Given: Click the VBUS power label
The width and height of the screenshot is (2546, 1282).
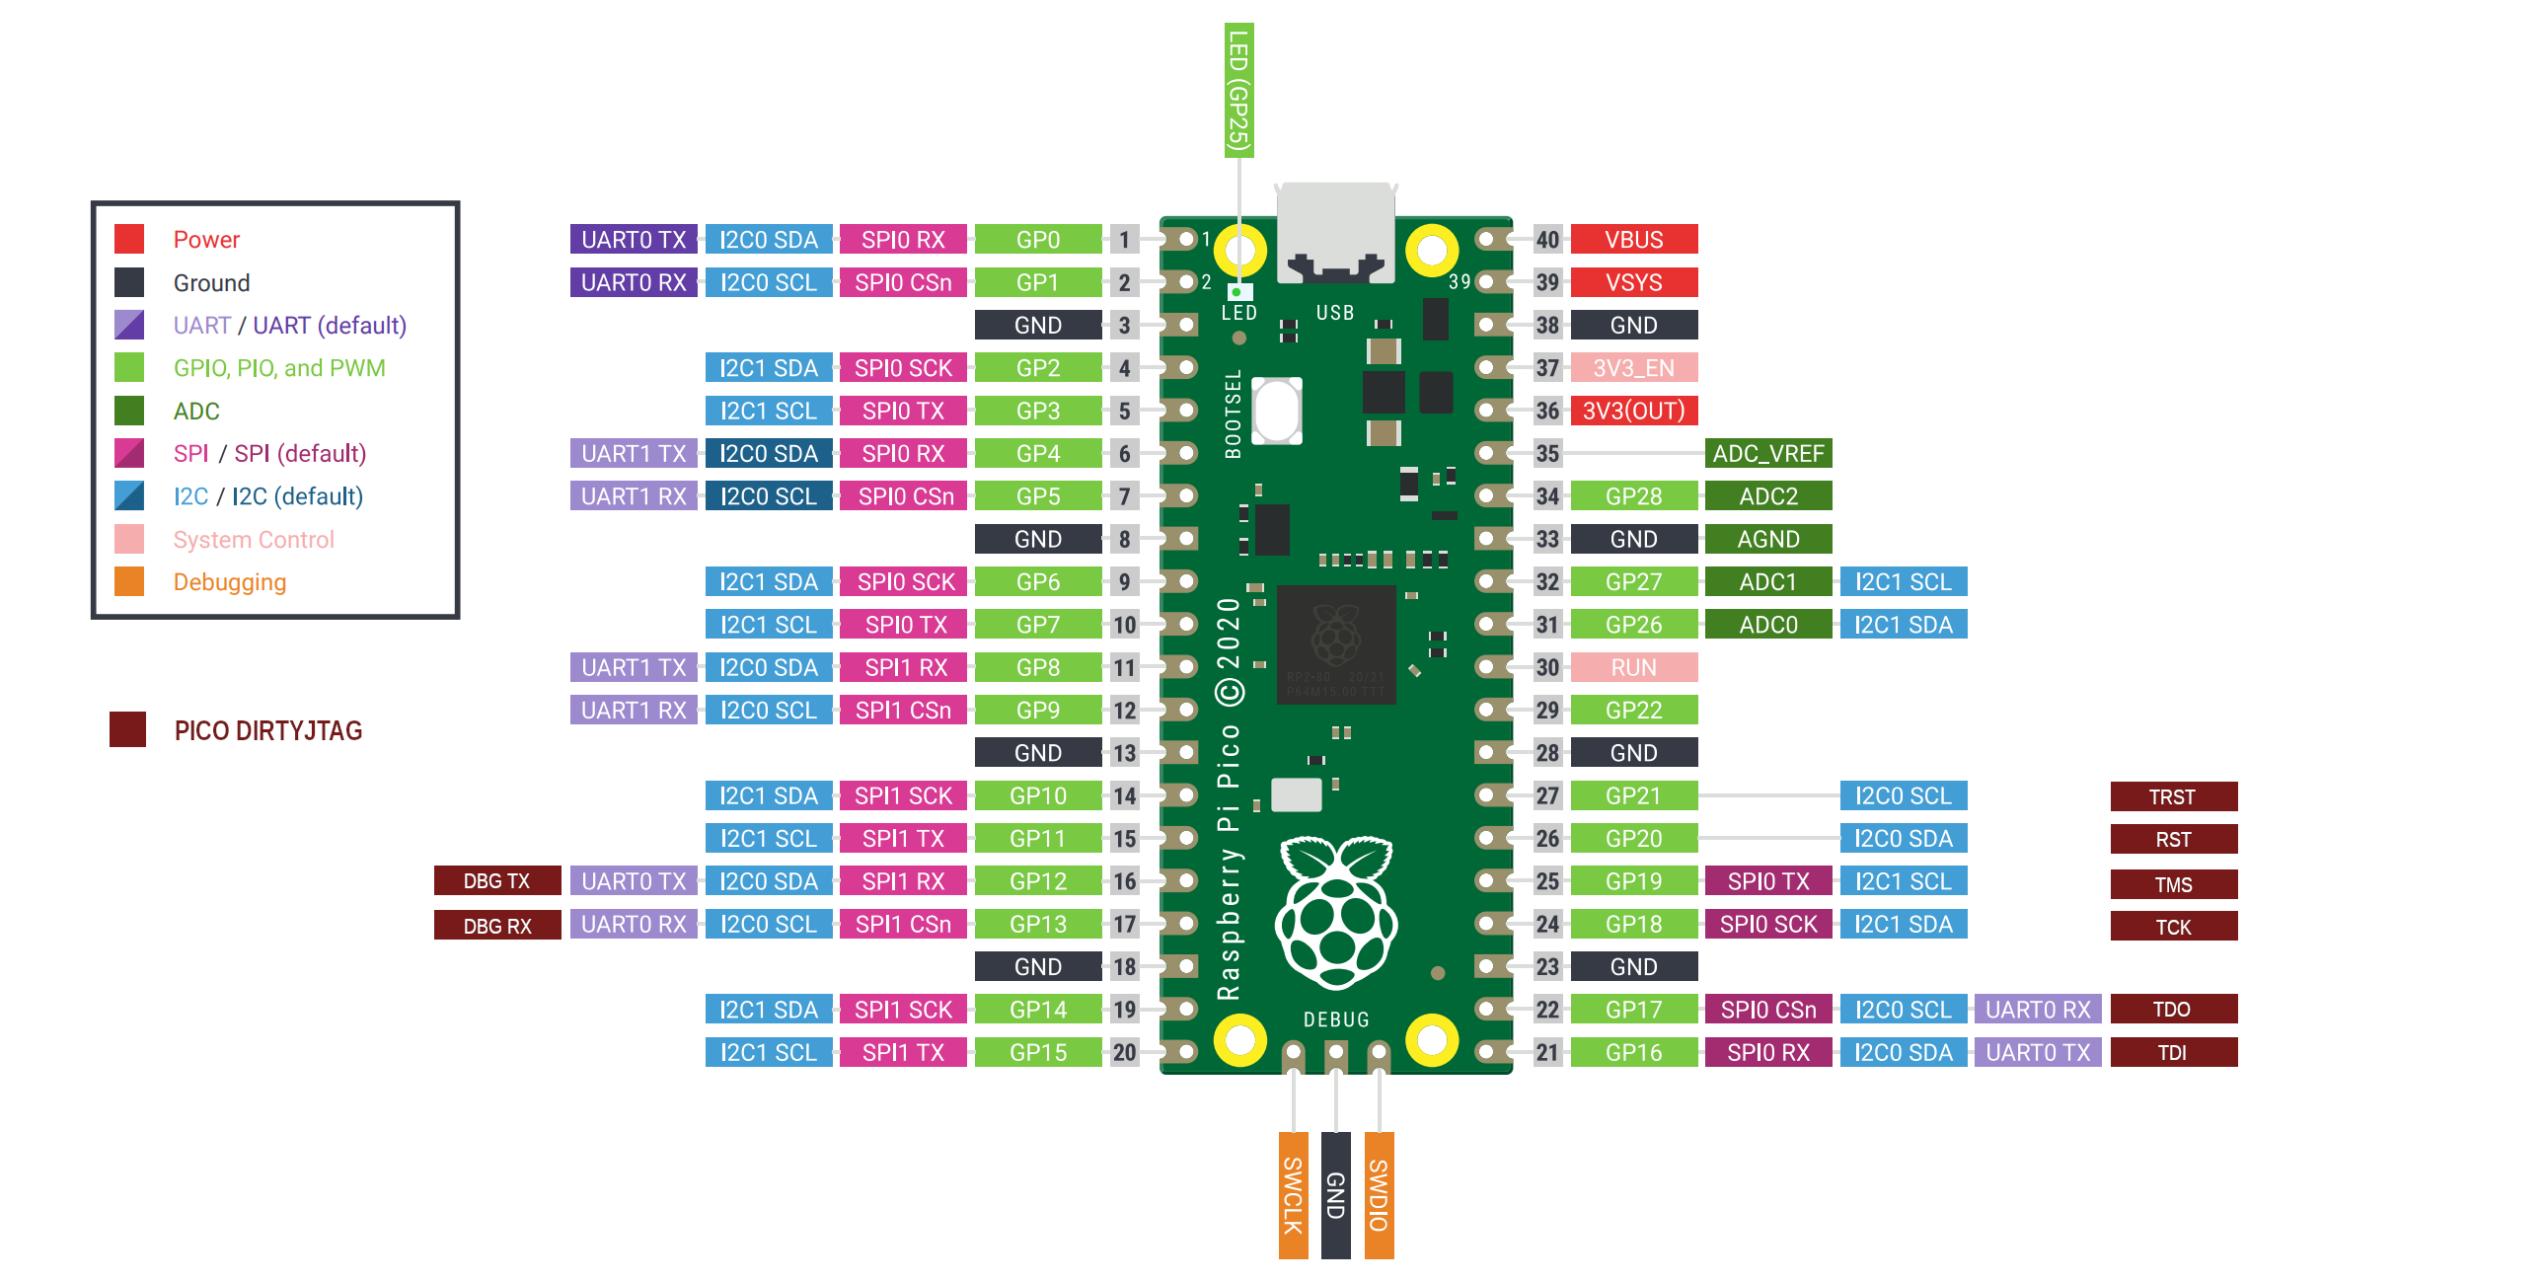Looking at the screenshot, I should click(1633, 239).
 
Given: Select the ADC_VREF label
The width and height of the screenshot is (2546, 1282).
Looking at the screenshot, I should click(1767, 453).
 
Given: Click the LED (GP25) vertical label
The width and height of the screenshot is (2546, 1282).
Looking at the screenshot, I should click(1238, 90).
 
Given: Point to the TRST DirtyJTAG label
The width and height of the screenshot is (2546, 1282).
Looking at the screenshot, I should click(2172, 796).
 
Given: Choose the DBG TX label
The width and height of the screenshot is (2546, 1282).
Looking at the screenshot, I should click(497, 880).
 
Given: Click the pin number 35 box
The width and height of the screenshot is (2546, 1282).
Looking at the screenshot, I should click(1546, 453).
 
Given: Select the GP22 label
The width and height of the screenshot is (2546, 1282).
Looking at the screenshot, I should click(1633, 710).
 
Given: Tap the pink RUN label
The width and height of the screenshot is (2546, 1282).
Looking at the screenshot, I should click(1633, 667).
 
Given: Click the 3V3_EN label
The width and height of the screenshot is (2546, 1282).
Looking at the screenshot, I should click(1633, 368).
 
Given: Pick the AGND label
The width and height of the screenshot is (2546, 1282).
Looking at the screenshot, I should click(1767, 539).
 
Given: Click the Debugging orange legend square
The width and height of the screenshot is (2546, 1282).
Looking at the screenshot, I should click(129, 581).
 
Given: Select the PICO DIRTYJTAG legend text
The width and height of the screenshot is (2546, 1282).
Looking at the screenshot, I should click(267, 730).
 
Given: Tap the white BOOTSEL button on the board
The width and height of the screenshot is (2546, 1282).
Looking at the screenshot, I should click(1277, 411).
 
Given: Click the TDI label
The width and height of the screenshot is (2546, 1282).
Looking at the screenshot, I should click(2172, 1052).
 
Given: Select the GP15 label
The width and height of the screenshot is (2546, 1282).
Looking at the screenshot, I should click(1038, 1052).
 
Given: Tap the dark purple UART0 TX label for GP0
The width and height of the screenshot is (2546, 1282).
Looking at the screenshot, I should click(634, 239).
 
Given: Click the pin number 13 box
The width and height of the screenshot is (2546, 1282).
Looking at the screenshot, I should click(1124, 752).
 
